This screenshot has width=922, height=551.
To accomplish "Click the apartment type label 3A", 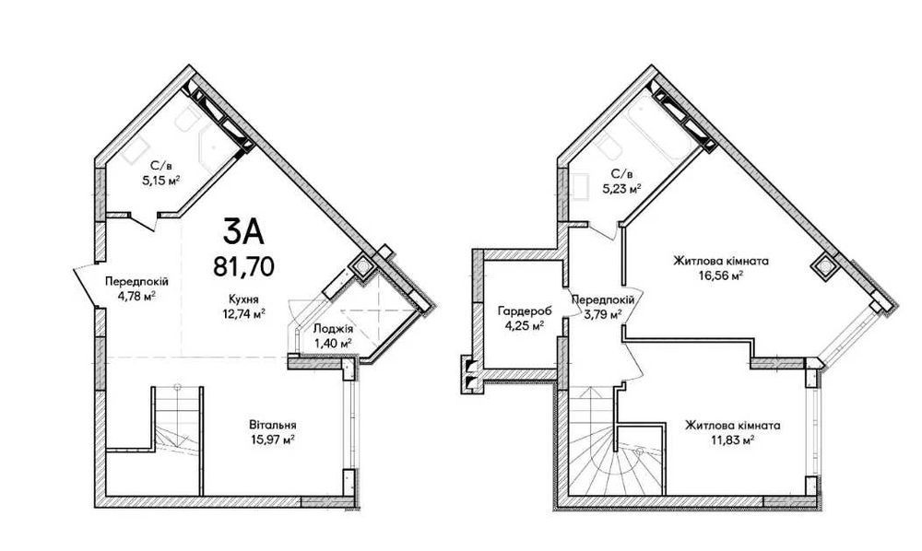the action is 243,231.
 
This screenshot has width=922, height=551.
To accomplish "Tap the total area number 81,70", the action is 243,266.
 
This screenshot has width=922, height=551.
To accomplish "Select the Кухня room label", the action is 243,299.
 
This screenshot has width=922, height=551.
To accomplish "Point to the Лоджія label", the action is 334,329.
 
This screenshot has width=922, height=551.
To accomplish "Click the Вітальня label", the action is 272,425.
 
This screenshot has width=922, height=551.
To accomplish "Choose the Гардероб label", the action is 520,311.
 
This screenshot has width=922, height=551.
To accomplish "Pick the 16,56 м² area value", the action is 721,275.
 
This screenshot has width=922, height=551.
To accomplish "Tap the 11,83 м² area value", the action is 732,440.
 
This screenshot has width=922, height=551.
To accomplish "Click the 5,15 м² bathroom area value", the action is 160,181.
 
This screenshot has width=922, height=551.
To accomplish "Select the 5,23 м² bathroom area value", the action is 621,189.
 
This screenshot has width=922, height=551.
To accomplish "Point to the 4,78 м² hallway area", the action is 136,296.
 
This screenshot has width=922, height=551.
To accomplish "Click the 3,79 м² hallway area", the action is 603,314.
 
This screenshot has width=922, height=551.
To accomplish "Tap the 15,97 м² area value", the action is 272,439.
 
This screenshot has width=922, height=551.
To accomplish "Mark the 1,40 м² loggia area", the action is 333,343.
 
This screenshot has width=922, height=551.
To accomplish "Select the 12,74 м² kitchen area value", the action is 242,313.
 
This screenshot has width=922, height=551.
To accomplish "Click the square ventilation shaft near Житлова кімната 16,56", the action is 823,266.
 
